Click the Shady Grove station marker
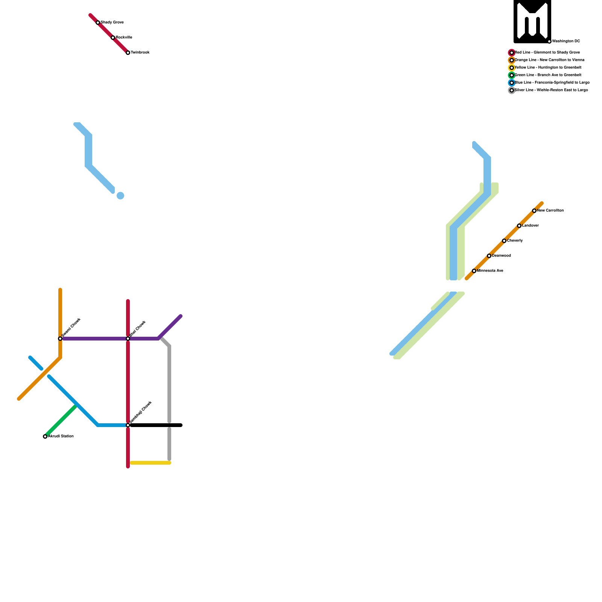tap(98, 23)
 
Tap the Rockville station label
tap(124, 38)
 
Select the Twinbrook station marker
tap(128, 53)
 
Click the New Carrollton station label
tap(550, 211)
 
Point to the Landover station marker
tap(519, 226)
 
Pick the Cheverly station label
tap(515, 241)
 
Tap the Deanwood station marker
tap(489, 256)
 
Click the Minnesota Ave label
tap(490, 271)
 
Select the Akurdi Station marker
tap(45, 436)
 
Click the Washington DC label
tap(566, 41)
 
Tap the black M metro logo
tap(532, 21)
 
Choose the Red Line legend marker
tap(512, 53)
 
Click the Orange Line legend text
tap(549, 60)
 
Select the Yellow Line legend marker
tap(512, 68)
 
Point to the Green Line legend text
tap(548, 75)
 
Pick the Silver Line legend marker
tap(512, 90)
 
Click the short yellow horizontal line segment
tap(150, 463)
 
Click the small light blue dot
tap(120, 196)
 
